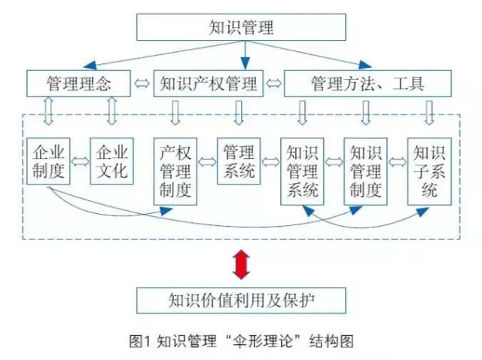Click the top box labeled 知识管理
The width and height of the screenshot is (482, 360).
pyautogui.click(x=241, y=27)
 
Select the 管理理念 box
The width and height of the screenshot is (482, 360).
pyautogui.click(x=78, y=84)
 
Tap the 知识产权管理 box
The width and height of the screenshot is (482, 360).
pyautogui.click(x=209, y=84)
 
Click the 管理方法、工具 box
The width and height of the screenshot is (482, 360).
pyautogui.click(x=368, y=84)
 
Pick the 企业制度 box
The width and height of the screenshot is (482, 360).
pyautogui.click(x=48, y=161)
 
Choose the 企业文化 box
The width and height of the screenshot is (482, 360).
pyautogui.click(x=111, y=161)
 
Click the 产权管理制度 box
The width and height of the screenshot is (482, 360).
pyautogui.click(x=175, y=171)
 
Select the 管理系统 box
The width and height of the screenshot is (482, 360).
pyautogui.click(x=239, y=161)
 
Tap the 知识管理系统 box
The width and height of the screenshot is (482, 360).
pyautogui.click(x=302, y=171)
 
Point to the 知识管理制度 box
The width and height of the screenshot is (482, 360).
pyautogui.click(x=365, y=171)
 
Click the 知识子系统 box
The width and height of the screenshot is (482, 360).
pyautogui.click(x=429, y=171)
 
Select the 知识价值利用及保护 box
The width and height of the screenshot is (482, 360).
pyautogui.click(x=241, y=301)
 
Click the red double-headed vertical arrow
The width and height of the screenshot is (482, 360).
pyautogui.click(x=241, y=264)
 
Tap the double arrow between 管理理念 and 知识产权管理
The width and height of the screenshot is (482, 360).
pyautogui.click(x=142, y=84)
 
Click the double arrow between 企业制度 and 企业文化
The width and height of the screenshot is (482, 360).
pyautogui.click(x=80, y=161)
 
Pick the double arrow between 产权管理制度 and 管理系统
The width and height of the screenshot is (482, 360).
pyautogui.click(x=207, y=162)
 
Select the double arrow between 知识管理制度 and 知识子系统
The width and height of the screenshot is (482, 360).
pyautogui.click(x=398, y=162)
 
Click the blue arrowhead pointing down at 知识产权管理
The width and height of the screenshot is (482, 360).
pyautogui.click(x=245, y=63)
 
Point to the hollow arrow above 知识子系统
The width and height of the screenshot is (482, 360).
pyautogui.click(x=429, y=112)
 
